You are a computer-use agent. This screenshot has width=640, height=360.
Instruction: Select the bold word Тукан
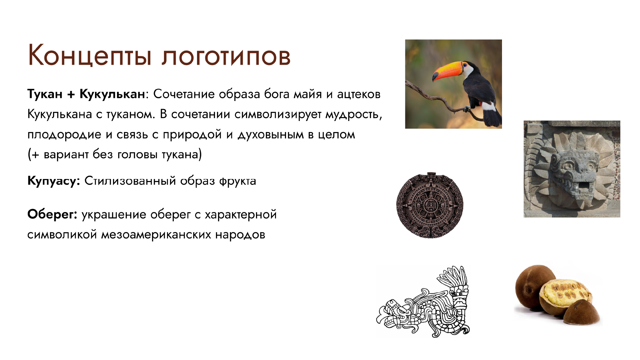tap(45, 94)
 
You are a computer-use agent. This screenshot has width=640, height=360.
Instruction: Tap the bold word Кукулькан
tap(112, 95)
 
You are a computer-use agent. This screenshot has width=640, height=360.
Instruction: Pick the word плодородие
tap(64, 135)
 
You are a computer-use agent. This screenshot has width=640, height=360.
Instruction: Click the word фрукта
tap(237, 181)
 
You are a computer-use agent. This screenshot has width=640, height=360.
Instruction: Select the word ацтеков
tap(359, 95)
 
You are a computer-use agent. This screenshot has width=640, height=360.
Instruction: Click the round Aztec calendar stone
tap(430, 205)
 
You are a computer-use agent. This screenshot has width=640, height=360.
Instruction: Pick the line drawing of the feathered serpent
tap(423, 302)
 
